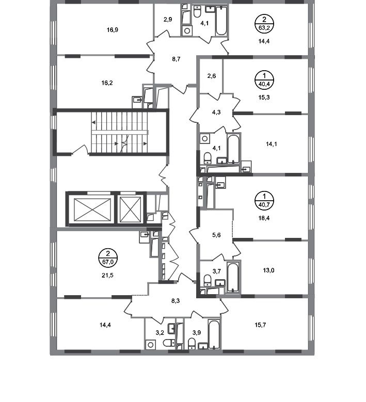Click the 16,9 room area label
point(113,30)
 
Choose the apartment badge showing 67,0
point(108,257)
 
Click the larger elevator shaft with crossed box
point(89,209)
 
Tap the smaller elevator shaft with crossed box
point(131,209)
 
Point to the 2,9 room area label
point(167,19)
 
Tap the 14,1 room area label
point(272,145)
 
